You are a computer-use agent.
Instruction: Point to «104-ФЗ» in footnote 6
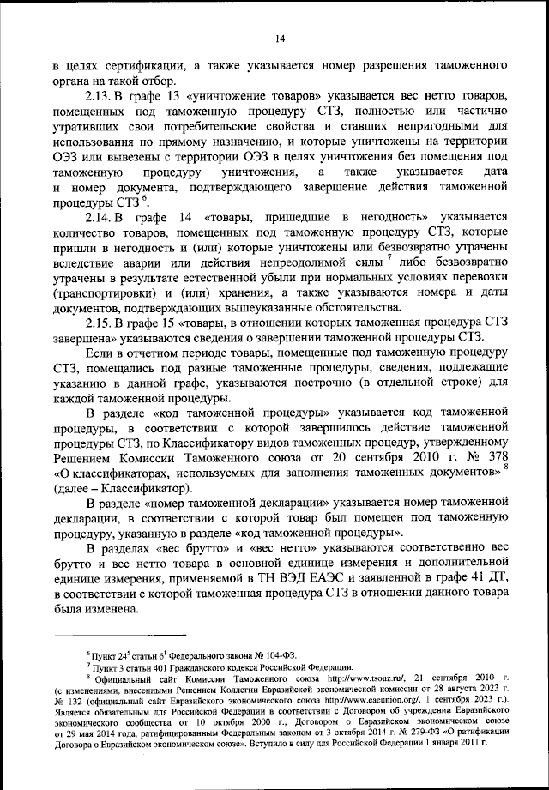(x=251, y=654)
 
